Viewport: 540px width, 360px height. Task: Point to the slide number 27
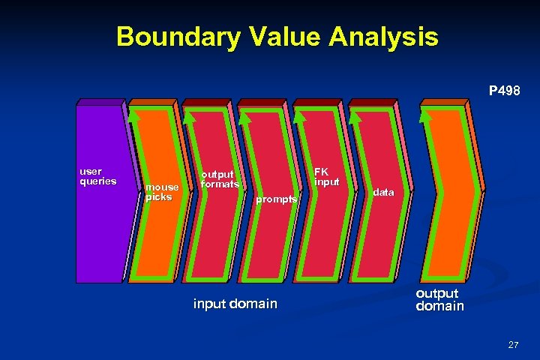[x=513, y=345]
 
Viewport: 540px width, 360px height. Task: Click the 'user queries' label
[x=97, y=175]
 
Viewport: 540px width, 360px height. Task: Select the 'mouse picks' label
[x=162, y=192]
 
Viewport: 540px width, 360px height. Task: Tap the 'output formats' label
[x=220, y=178]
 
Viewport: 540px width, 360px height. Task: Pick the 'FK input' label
[x=327, y=176]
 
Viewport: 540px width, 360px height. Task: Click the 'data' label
[x=383, y=193]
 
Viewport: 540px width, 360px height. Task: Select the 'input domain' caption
[x=235, y=304]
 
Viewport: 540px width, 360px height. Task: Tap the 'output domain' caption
[x=440, y=300]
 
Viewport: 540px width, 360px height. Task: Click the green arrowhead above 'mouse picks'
[x=134, y=115]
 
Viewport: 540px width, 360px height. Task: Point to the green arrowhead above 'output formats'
[x=190, y=115]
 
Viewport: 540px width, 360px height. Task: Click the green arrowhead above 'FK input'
[x=300, y=115]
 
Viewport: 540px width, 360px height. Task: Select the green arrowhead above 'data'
[x=355, y=115]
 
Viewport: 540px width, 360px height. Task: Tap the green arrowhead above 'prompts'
[x=245, y=115]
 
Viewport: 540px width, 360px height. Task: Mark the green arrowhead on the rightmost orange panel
[x=426, y=115]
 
